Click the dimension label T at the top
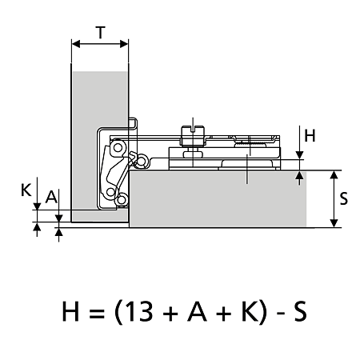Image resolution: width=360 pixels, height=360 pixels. click(101, 32)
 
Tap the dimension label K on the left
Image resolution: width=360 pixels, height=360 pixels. click(26, 190)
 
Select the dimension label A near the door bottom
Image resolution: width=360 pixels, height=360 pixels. click(51, 198)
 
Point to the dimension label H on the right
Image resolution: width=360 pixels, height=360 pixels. click(310, 135)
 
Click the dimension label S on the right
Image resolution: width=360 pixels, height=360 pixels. click(344, 198)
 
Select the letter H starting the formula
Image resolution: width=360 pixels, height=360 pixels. click(70, 311)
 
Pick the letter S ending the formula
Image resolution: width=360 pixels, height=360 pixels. click(300, 311)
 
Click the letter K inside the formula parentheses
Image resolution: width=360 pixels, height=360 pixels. click(250, 311)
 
